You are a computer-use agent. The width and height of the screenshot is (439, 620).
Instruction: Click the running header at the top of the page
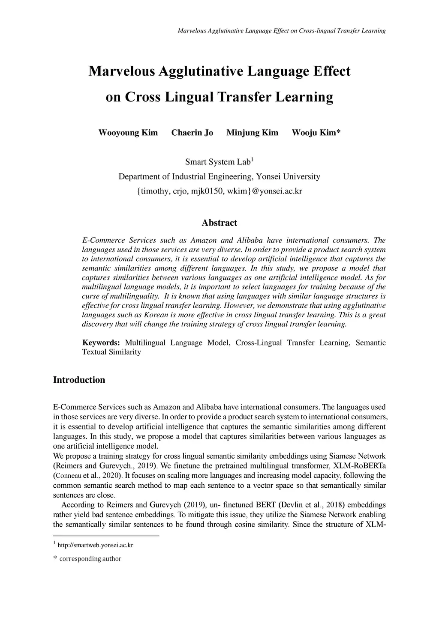[x=281, y=31]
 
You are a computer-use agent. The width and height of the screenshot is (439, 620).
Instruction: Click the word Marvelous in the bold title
[x=122, y=71]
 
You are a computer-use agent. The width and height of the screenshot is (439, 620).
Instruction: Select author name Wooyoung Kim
[x=128, y=133]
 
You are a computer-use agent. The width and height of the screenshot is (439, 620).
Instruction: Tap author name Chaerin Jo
[x=192, y=133]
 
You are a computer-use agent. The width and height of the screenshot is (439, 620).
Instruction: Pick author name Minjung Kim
[x=252, y=133]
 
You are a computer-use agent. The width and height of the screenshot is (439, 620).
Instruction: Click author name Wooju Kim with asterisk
[x=316, y=133]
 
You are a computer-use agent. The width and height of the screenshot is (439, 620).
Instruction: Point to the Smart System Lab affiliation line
[x=219, y=162]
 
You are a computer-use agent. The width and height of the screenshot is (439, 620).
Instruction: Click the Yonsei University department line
[x=219, y=176]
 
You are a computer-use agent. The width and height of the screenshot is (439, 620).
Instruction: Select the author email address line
[x=219, y=191]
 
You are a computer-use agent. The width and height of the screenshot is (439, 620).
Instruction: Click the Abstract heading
[x=219, y=223]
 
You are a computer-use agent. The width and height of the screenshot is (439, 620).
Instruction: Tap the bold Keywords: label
[x=101, y=343]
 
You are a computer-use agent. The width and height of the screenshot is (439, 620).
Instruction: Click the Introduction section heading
[x=79, y=380]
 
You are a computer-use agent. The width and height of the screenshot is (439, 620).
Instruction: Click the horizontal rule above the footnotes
[x=106, y=535]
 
